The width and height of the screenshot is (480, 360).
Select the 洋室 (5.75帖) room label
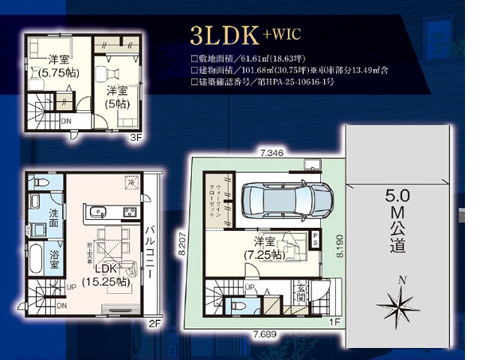(57, 66)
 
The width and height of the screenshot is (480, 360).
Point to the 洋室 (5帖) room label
(115, 97)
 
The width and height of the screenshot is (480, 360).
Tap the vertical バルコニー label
(151, 252)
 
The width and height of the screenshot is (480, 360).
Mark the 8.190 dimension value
(339, 244)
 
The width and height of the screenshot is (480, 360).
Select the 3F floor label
(136, 138)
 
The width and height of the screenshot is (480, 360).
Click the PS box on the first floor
(315, 238)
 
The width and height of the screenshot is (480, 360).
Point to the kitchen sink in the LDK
(100, 211)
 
